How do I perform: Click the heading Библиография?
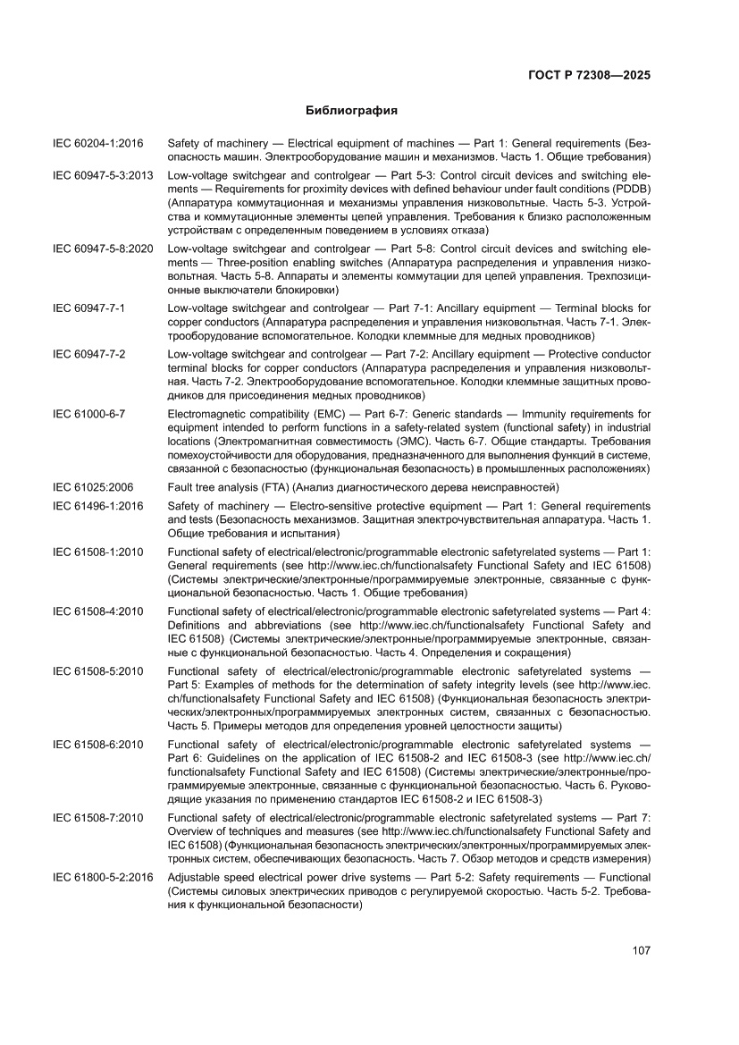tap(351, 112)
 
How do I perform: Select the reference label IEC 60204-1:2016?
tap(97, 143)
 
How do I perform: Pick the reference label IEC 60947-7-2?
tap(88, 355)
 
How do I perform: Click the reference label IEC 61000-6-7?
tap(88, 415)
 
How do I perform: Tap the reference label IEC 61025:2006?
tap(93, 487)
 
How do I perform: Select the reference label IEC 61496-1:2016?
tap(97, 506)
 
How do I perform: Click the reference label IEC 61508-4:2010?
tap(97, 611)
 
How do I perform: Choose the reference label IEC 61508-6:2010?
tap(97, 745)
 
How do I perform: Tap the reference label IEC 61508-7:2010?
tap(97, 818)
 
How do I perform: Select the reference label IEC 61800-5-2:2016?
tap(104, 878)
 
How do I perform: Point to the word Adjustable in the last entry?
tap(195, 878)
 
